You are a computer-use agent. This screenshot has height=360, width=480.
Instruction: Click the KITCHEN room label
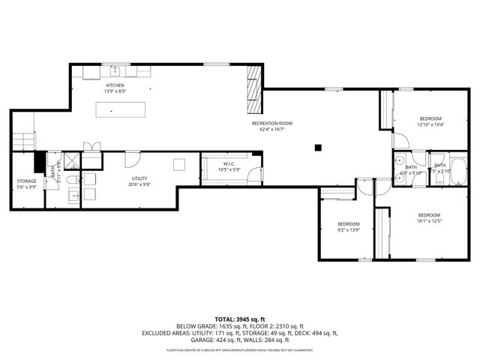pos(114,85)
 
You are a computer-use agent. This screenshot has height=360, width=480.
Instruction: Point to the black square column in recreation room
pos(318,147)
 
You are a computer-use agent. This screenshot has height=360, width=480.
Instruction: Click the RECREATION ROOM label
pos(271,122)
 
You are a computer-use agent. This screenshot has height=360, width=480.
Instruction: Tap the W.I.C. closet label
pos(229,163)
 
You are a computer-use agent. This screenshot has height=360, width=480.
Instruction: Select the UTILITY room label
pos(139,178)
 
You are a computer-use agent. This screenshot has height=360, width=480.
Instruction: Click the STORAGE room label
pos(26,181)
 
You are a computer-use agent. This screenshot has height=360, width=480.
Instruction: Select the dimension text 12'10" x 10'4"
pos(430,124)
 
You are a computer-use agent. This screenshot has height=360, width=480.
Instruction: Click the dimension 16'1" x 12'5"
pos(430,221)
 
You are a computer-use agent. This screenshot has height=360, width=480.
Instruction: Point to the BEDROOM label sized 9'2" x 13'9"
pos(348,224)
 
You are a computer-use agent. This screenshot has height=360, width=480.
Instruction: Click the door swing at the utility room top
pos(132,158)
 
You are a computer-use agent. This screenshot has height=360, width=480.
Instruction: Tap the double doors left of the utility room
pos(91,148)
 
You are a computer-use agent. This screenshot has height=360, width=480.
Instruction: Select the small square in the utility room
pos(179,164)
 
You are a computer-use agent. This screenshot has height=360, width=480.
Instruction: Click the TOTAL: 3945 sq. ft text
pos(239,319)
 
